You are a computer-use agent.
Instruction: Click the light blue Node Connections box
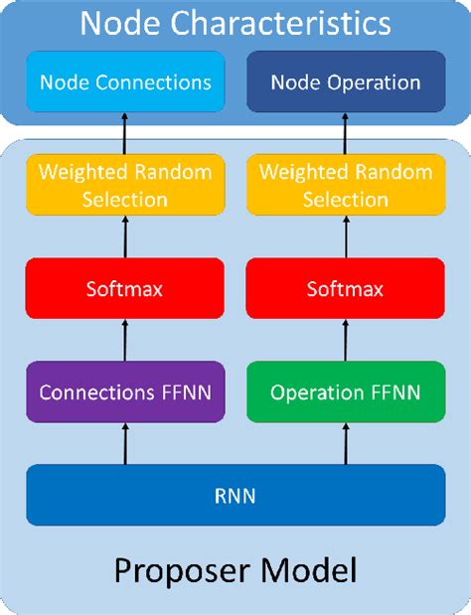click(125, 82)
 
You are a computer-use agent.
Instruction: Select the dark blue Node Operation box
click(346, 82)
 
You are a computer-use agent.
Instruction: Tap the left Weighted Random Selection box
click(125, 186)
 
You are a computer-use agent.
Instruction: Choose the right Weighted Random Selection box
click(346, 186)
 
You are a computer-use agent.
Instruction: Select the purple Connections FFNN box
click(125, 392)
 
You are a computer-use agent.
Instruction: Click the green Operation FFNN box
click(346, 392)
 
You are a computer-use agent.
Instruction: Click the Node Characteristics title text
click(235, 22)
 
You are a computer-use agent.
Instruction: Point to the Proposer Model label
click(235, 572)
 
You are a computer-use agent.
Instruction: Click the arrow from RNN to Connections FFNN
click(125, 441)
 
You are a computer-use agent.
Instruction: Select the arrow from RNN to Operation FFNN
click(346, 441)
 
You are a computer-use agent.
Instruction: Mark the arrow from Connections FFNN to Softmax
click(125, 343)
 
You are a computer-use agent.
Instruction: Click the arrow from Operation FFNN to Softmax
click(346, 343)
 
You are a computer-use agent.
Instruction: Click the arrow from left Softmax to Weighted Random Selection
click(125, 239)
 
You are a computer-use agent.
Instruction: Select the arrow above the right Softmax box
click(346, 239)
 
